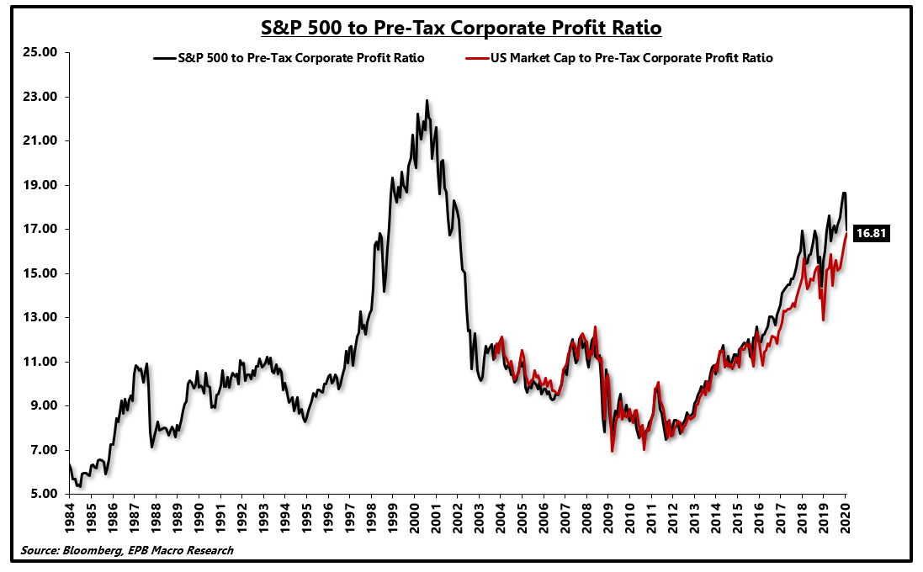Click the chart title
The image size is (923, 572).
pos(461,28)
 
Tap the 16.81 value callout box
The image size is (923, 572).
pos(872,234)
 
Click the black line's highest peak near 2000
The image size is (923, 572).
pos(427,101)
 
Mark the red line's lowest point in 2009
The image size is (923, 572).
pos(612,452)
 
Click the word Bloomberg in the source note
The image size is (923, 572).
pos(88,550)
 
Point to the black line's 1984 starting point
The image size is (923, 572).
pos(70,464)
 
